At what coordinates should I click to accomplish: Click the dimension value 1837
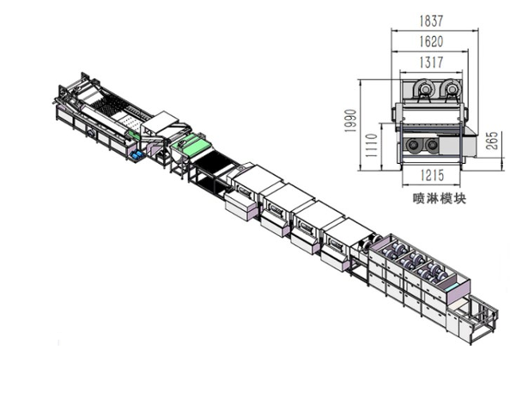(431, 21)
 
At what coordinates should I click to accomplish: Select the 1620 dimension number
(431, 42)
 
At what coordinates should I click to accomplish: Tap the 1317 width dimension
(431, 63)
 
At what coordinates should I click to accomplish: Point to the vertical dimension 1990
(350, 121)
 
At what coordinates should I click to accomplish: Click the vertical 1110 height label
(371, 145)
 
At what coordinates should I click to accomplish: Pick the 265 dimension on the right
(492, 141)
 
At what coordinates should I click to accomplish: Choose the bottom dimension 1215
(432, 175)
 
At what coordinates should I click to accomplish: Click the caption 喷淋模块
(440, 198)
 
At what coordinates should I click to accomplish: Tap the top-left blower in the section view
(423, 88)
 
